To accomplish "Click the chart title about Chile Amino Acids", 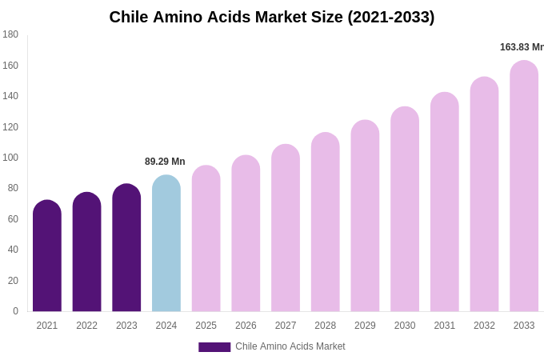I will pos(272,17).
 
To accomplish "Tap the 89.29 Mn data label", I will pos(165,162).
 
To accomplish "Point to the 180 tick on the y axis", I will pos(10,34).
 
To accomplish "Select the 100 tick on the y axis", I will pos(10,158).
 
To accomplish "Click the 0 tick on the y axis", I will pos(15,311).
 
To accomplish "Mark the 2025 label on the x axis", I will pos(206,326).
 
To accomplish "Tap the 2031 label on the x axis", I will pos(444,326).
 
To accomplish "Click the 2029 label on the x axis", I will pos(365,326).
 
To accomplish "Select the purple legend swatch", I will pos(214,347).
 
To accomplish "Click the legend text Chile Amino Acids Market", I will pos(290,346).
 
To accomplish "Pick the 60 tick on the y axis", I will pos(13,219).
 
